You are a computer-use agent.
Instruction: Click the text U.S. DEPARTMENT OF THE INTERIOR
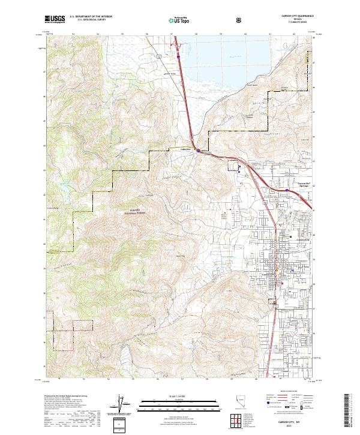coord(91,17)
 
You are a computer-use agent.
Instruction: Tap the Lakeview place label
coord(186,149)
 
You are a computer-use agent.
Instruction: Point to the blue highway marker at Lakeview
coord(199,151)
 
